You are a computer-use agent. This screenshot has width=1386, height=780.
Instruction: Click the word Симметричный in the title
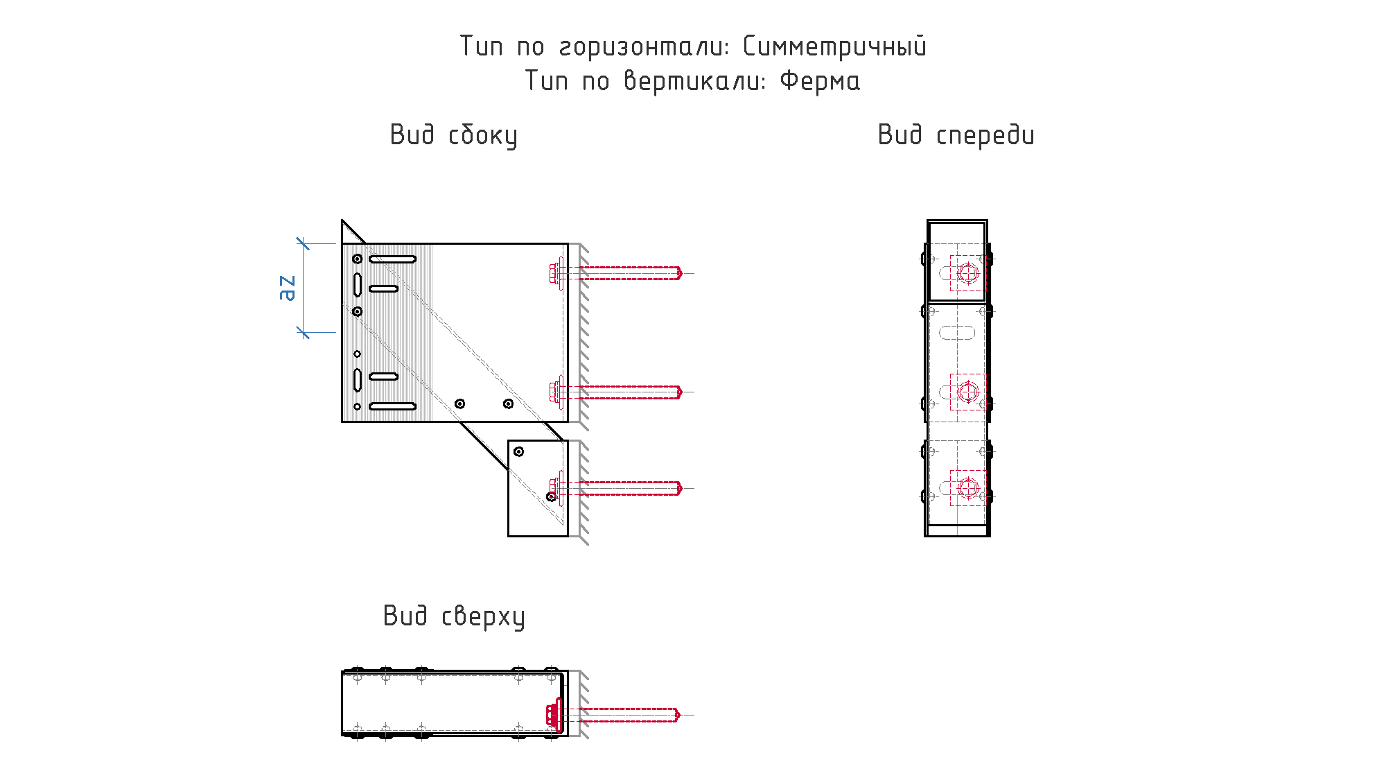(x=834, y=46)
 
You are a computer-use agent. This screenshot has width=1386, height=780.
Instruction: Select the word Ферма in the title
(x=820, y=81)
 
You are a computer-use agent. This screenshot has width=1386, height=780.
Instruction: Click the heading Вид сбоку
(x=454, y=135)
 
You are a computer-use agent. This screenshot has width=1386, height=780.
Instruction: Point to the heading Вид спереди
(x=956, y=135)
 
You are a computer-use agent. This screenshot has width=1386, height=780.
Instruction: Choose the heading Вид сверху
(x=454, y=616)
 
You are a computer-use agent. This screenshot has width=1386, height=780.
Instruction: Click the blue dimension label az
(x=287, y=288)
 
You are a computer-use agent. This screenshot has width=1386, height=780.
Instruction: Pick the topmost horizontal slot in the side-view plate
(x=392, y=259)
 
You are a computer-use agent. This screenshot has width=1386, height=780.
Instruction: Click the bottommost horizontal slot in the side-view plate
(x=392, y=406)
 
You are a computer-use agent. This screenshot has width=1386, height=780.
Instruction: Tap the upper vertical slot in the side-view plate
(x=358, y=285)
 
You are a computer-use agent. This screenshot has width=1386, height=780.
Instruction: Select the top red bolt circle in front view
(x=968, y=273)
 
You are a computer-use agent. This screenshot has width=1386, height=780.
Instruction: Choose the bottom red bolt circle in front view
(x=968, y=488)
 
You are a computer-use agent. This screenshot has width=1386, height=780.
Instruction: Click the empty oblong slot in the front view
(x=957, y=333)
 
